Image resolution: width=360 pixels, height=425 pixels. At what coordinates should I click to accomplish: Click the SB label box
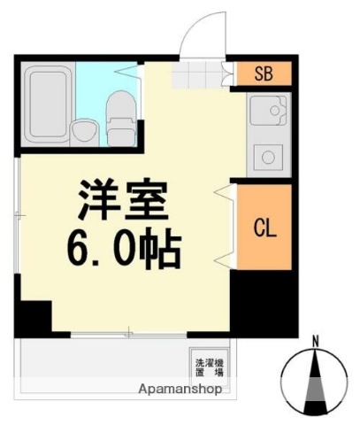(263, 73)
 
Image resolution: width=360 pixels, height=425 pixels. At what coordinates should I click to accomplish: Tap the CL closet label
(264, 228)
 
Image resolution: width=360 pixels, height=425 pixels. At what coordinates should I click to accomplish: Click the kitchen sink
(263, 112)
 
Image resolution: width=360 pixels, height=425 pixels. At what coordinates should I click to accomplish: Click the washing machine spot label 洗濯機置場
(209, 365)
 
